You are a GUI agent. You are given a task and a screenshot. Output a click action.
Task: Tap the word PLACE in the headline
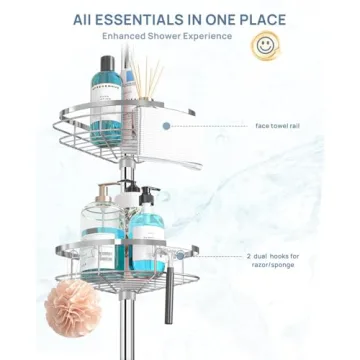click(x=256, y=19)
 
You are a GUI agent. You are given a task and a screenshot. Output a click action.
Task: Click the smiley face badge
click(x=264, y=45)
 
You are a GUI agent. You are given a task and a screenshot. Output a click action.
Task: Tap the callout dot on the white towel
click(x=169, y=126)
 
